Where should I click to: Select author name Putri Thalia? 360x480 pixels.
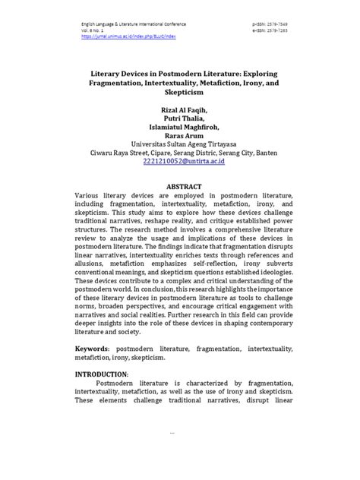(x=180, y=120)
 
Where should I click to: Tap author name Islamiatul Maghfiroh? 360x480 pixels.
(x=180, y=130)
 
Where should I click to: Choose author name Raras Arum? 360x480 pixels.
(x=180, y=140)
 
